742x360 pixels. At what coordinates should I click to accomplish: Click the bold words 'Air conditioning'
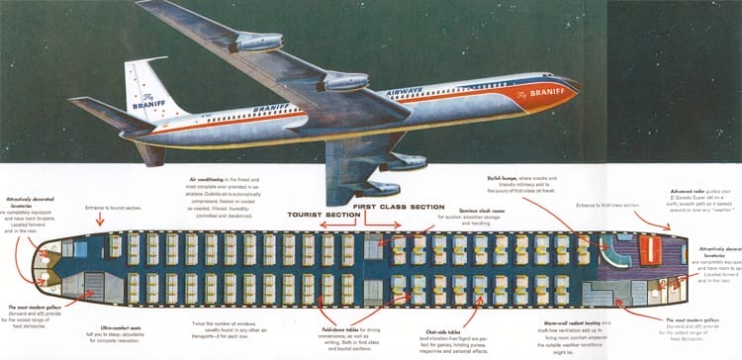(211, 178)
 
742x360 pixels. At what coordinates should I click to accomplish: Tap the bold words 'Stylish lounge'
(506, 178)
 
